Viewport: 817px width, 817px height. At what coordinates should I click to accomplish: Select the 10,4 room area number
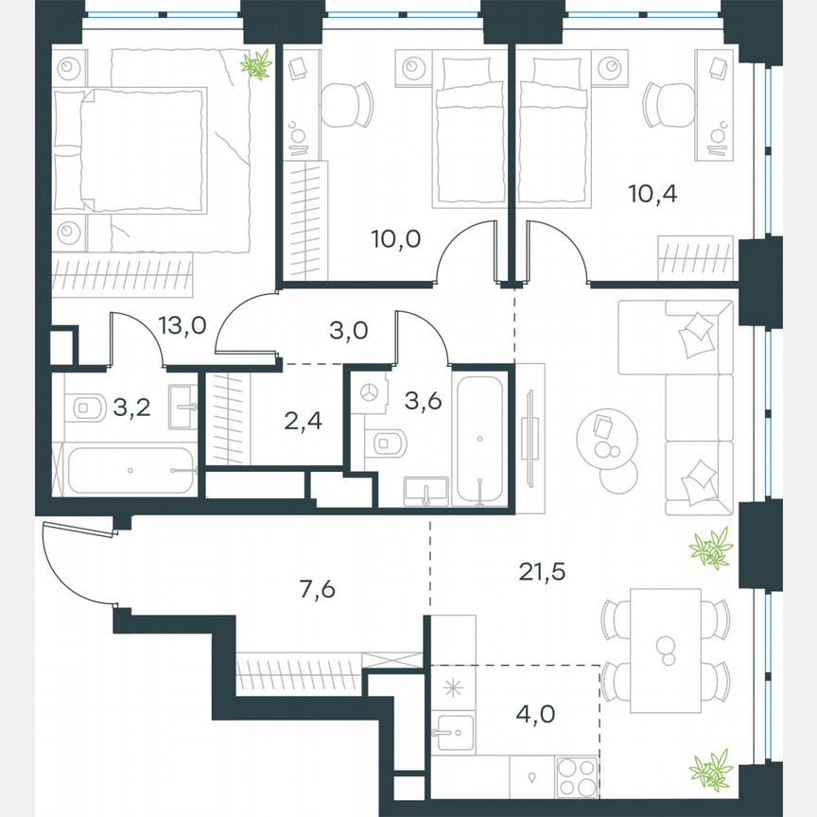coord(652,194)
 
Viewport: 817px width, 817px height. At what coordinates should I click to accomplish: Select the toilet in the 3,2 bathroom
coord(85,408)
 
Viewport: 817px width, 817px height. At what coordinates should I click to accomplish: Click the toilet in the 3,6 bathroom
coord(389,442)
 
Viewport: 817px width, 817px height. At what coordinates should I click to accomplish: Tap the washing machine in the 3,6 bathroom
coord(371,392)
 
